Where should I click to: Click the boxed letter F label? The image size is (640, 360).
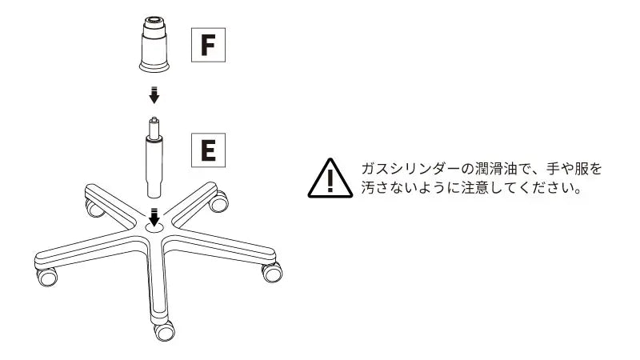(x=208, y=45)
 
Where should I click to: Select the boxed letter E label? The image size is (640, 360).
(x=208, y=150)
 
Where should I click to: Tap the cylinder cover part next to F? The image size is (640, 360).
(x=154, y=44)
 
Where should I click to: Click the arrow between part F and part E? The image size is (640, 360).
(x=154, y=94)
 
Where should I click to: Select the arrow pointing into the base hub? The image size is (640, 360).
(x=154, y=217)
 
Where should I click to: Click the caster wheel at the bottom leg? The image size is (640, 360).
(x=164, y=330)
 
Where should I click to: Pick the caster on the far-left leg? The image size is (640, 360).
(x=47, y=276)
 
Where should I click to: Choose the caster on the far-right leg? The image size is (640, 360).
(x=272, y=272)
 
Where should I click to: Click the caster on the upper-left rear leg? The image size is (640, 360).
(x=94, y=208)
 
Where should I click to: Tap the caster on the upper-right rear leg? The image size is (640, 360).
(x=218, y=202)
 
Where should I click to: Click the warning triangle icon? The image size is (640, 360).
(x=330, y=178)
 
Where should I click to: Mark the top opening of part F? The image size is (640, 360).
(x=154, y=18)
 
